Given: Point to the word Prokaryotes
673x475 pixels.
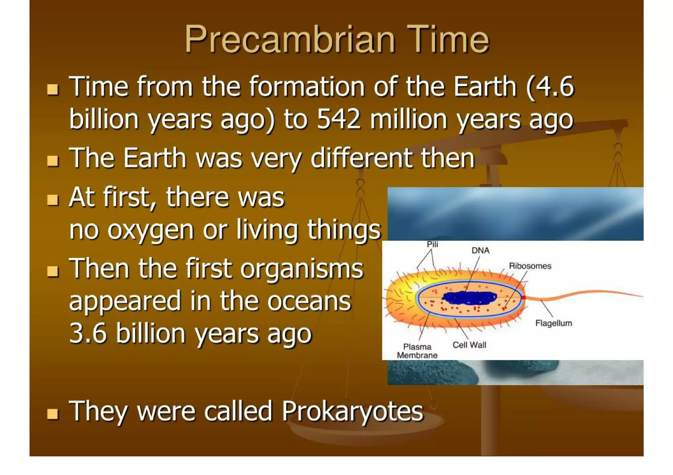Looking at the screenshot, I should (353, 411).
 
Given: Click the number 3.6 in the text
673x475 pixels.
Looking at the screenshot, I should (88, 333).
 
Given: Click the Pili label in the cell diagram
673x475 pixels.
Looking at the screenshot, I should (432, 245).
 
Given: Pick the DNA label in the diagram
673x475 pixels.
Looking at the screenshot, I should (480, 251).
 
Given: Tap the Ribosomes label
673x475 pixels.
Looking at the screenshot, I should (530, 266).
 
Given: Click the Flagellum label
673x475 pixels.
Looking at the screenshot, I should (553, 323).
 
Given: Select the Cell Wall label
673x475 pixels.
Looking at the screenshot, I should (469, 345).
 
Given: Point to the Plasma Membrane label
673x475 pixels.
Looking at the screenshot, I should (417, 351).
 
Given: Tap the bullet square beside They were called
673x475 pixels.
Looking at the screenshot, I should (53, 414).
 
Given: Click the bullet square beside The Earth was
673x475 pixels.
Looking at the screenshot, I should (53, 161).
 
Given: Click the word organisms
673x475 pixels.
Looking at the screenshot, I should (302, 269).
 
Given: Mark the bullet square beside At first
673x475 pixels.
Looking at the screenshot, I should (53, 200).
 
